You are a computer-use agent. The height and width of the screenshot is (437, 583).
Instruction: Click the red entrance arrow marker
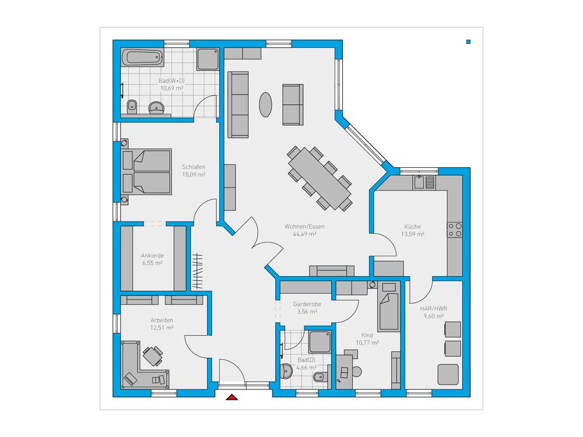click(232, 397)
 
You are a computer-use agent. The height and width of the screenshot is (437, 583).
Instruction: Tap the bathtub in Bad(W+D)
click(142, 57)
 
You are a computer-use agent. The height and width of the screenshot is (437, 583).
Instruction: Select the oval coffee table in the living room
click(265, 104)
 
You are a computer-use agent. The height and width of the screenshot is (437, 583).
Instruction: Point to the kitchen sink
click(424, 182)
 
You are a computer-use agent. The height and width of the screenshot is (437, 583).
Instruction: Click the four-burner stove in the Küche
click(455, 230)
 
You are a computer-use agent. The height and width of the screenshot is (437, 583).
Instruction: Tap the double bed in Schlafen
click(146, 172)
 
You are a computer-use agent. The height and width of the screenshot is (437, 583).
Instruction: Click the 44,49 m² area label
click(304, 234)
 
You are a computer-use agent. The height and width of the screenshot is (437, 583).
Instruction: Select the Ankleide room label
click(152, 256)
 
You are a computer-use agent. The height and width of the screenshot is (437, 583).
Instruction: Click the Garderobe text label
click(307, 304)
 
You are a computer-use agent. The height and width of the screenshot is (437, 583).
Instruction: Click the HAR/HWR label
click(434, 308)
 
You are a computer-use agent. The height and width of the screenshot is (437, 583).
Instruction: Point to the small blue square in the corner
click(469, 41)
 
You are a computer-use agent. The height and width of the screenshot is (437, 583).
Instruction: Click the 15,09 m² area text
click(194, 175)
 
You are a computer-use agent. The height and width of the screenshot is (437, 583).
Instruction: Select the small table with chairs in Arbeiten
click(152, 356)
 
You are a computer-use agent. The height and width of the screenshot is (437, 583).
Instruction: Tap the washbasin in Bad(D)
click(286, 371)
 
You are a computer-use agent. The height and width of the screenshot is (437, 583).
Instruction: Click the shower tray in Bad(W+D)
click(208, 59)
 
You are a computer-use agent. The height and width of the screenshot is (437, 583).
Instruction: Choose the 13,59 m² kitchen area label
click(413, 234)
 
